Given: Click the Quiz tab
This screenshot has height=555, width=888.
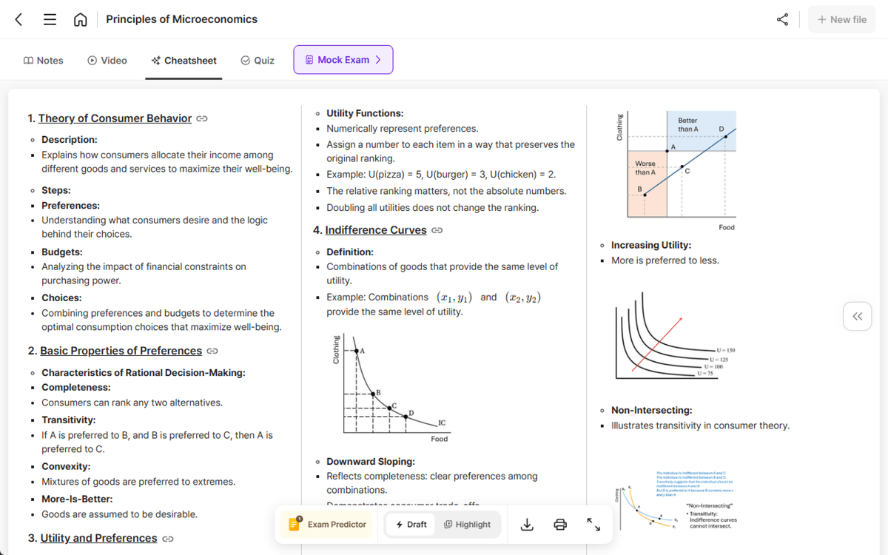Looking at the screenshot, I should point(258,61).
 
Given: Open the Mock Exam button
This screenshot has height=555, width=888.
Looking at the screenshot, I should point(343,60).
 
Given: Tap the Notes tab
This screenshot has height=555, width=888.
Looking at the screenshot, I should point(44,61).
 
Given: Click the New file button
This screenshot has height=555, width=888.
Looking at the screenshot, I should point(842,19).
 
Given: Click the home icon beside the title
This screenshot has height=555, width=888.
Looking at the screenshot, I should point(80,20).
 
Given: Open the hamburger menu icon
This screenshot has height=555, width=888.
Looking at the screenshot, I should point(50,20).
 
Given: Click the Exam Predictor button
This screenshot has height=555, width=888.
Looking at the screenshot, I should point(327,524).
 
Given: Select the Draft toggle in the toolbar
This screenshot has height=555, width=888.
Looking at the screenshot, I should point(411,524).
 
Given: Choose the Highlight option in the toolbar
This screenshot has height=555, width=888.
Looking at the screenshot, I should point(467,524).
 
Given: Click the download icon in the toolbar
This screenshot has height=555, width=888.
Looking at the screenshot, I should point(527,524).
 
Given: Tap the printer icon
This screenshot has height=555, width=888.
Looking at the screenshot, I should point(560,524).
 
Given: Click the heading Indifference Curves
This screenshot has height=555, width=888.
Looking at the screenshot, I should point(376,230).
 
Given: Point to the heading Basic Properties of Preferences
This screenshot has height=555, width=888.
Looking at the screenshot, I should point(121,351).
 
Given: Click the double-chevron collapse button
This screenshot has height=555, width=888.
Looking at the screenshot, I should point(857,317).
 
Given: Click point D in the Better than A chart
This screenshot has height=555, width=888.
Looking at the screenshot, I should point(725,136).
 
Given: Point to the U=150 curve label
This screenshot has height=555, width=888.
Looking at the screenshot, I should point(725,349).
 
